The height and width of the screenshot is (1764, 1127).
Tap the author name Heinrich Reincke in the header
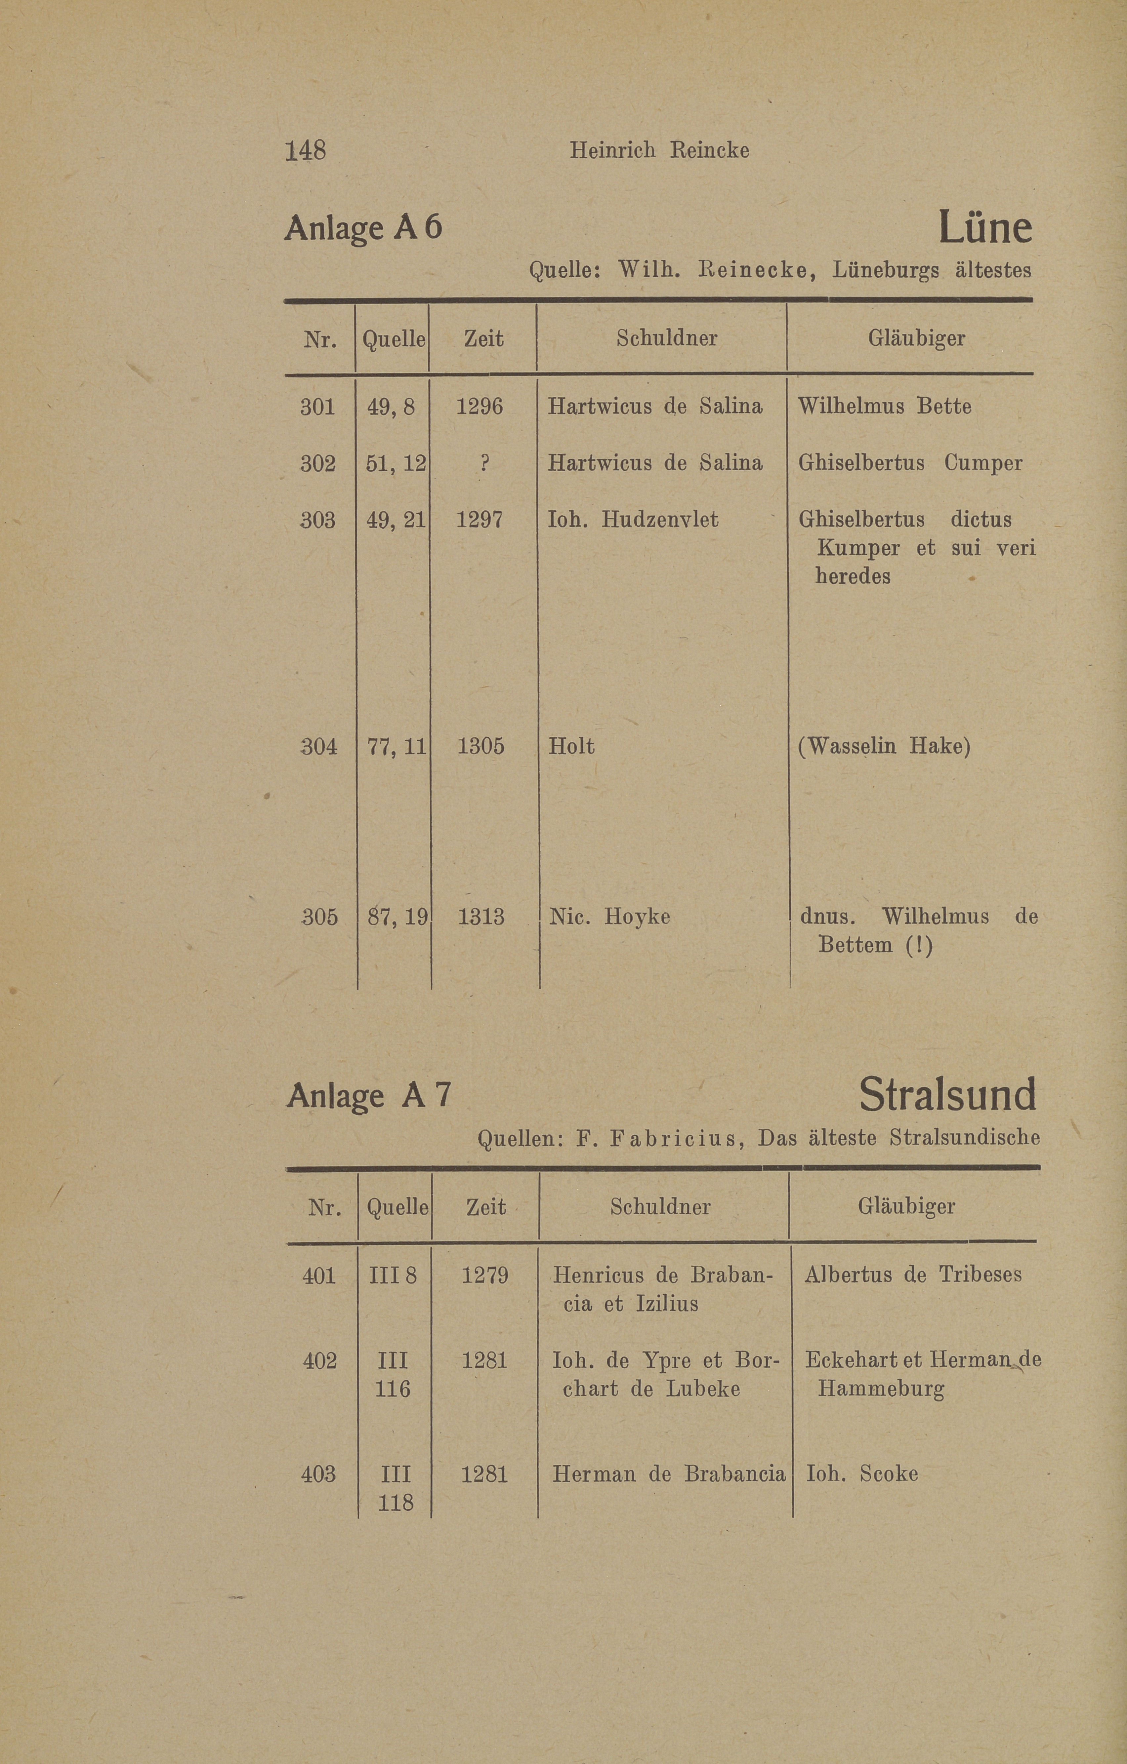pos(659,150)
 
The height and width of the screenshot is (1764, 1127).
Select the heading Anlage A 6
pos(363,228)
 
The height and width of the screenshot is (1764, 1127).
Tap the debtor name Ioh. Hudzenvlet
pos(633,519)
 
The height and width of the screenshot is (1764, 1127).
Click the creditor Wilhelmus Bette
pos(885,406)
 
